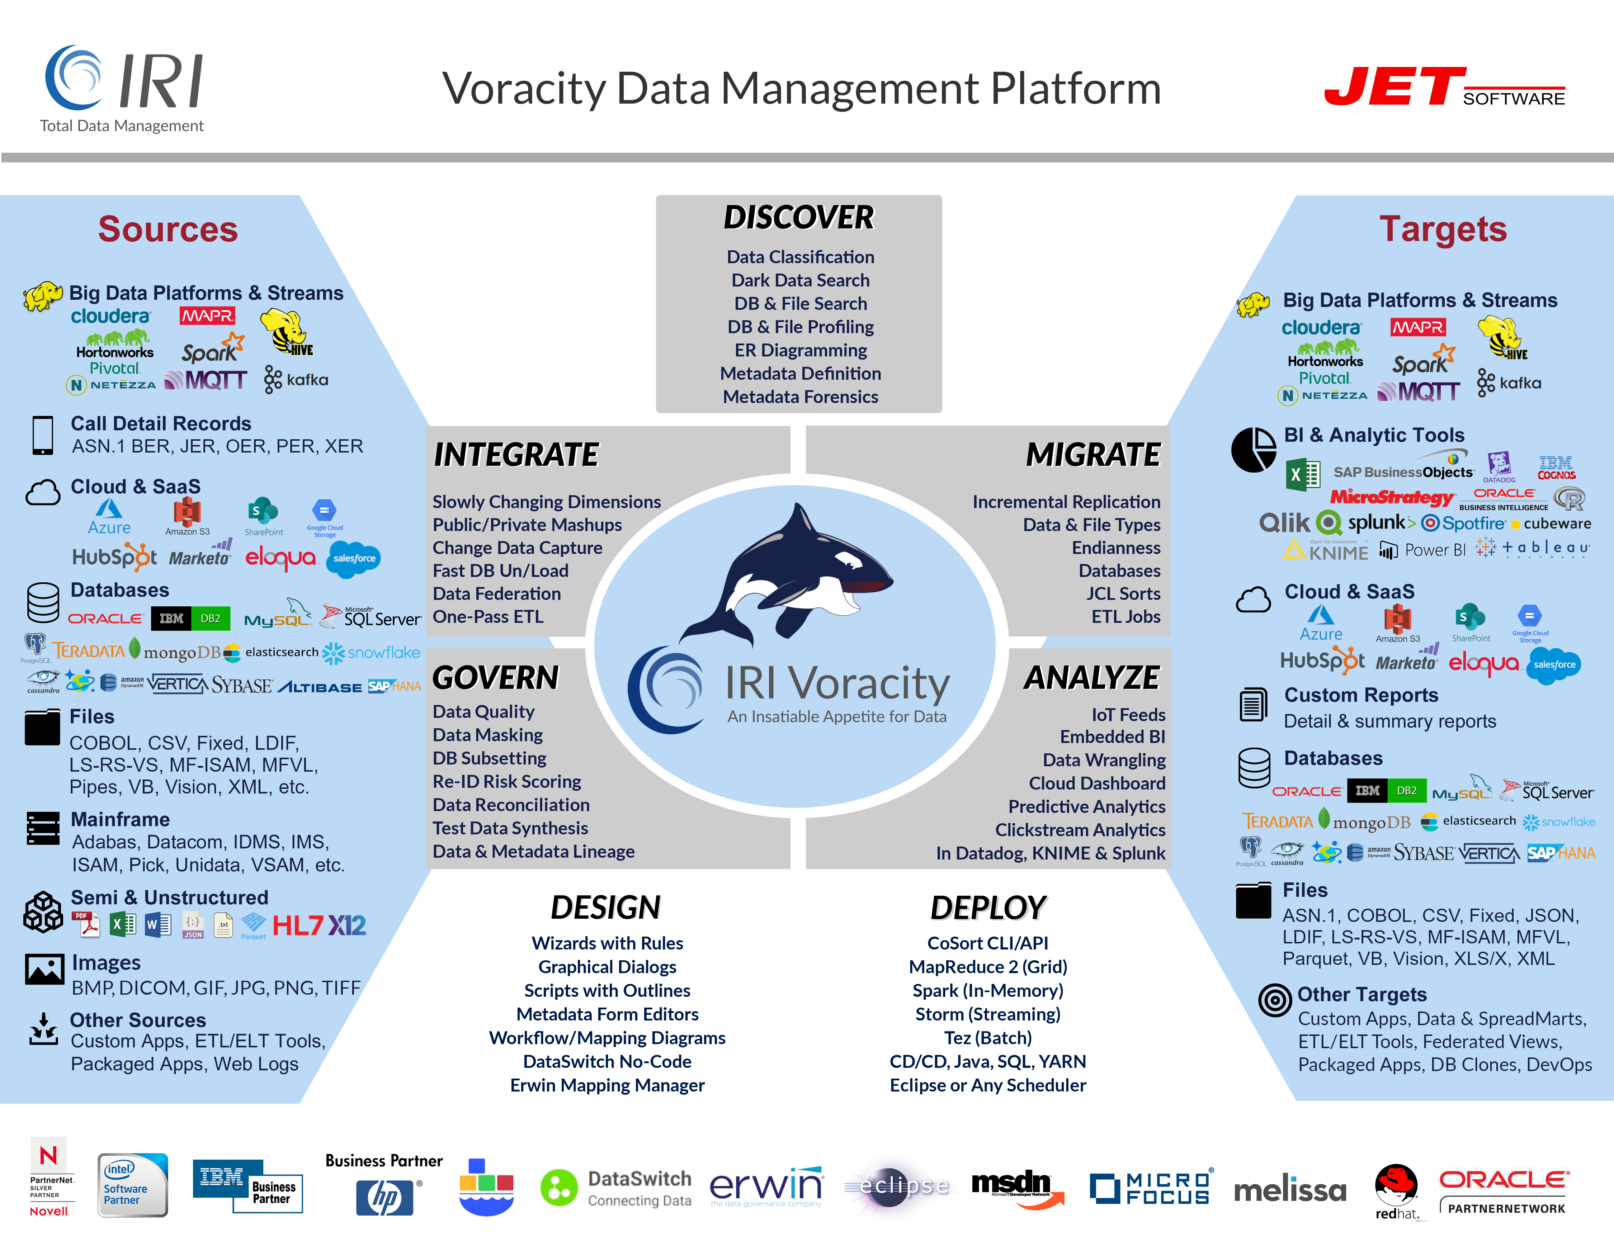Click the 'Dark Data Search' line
pyautogui.click(x=800, y=281)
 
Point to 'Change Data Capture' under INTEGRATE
pyautogui.click(x=517, y=548)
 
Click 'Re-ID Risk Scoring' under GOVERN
pyautogui.click(x=507, y=782)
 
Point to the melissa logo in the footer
pyautogui.click(x=1289, y=1190)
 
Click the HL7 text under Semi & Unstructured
pyautogui.click(x=297, y=925)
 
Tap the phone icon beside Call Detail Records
pyautogui.click(x=43, y=435)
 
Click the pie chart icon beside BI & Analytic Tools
pyautogui.click(x=1252, y=449)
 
